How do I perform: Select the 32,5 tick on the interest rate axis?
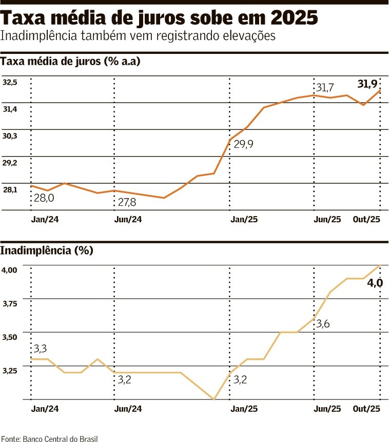coord(10,82)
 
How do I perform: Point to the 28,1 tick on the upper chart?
coord(10,189)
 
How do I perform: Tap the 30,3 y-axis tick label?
coord(10,136)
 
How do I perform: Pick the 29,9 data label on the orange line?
coord(244,144)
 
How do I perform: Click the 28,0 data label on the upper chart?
coord(44,198)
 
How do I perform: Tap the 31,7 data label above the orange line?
coord(325,88)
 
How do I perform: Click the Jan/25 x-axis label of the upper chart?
coord(244,219)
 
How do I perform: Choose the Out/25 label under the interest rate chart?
coord(366,219)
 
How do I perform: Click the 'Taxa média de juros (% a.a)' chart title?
coord(71,62)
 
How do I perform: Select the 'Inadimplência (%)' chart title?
coord(47,251)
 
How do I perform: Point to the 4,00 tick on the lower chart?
coord(10,270)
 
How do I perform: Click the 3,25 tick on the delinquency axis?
coord(10,370)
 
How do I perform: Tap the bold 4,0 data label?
coord(375,282)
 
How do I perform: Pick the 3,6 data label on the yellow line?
coord(323,324)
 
